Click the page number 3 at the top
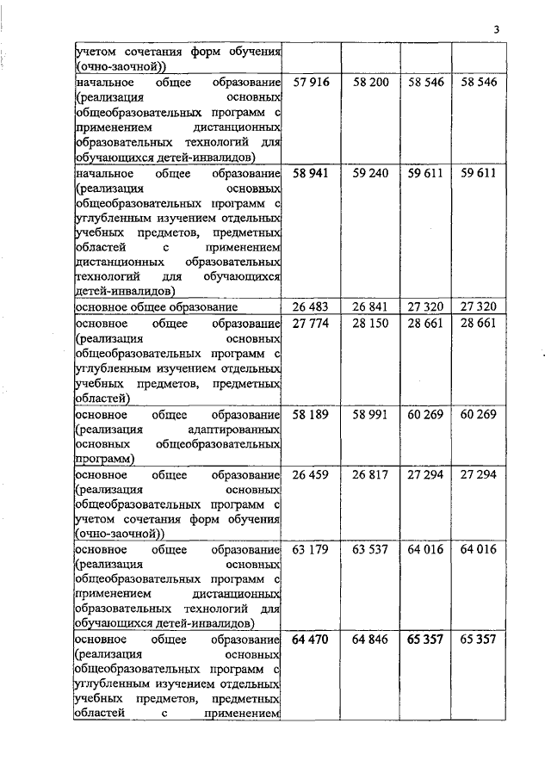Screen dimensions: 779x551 point(497,31)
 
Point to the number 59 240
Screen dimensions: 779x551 point(370,173)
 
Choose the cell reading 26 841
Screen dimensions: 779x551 point(370,307)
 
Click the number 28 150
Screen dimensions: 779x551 point(370,322)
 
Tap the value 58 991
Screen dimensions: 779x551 point(370,415)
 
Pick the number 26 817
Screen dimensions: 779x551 point(370,476)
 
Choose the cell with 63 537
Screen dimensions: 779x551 point(370,552)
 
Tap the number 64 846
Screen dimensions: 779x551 point(370,641)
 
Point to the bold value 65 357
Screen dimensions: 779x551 point(424,641)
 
